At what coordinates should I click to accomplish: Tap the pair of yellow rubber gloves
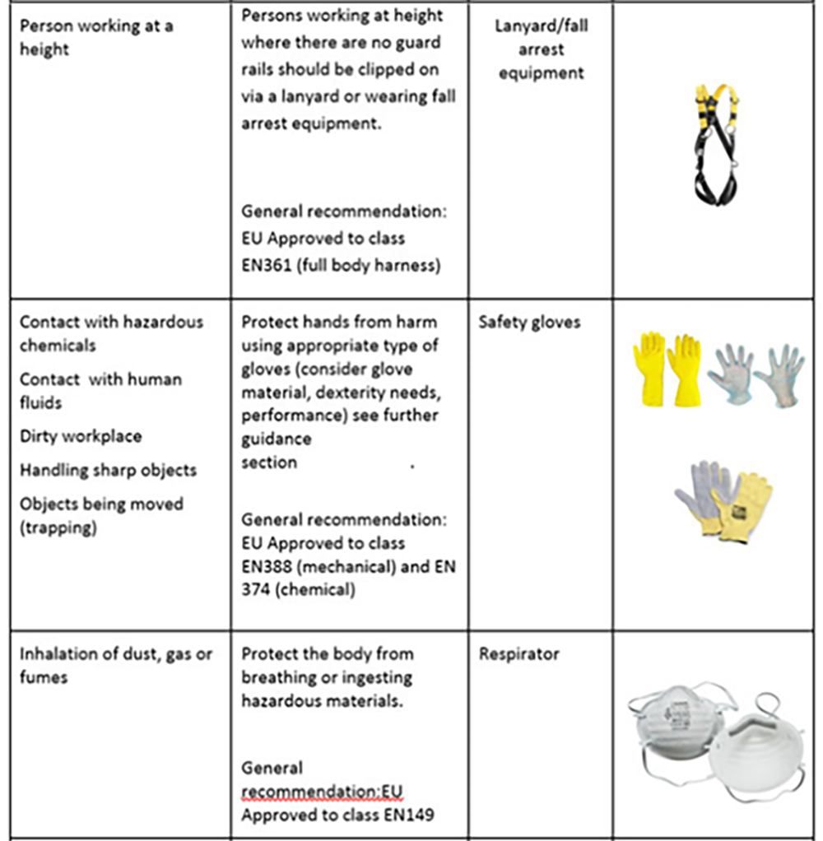pos(667,369)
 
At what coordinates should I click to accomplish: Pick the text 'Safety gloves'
pos(529,322)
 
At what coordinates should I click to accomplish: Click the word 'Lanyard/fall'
pos(541,26)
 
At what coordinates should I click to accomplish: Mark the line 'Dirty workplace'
pos(80,436)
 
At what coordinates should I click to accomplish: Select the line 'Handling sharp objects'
pos(108,470)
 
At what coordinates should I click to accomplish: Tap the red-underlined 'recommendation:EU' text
pos(323,792)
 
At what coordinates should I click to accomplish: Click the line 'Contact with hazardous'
pos(111,322)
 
